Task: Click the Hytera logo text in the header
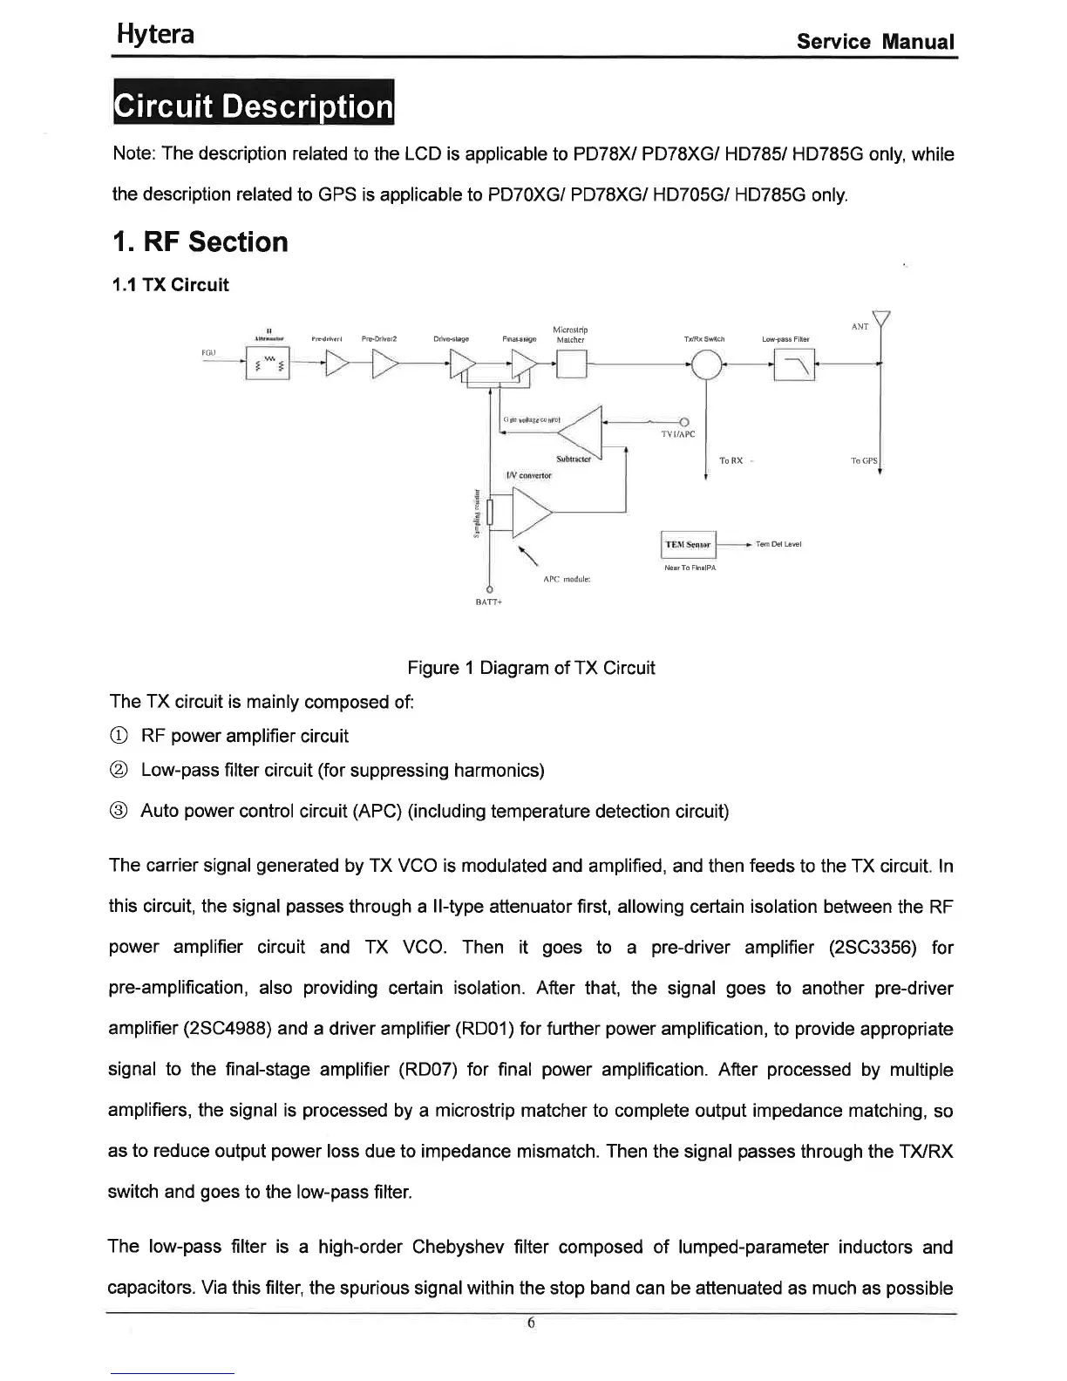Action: (156, 35)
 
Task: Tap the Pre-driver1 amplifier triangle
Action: (335, 364)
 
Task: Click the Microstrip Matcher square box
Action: (572, 364)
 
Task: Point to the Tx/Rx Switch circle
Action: (707, 364)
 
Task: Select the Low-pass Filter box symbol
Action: (796, 364)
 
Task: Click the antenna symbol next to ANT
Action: (883, 322)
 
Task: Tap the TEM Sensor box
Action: (689, 545)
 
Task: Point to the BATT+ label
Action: (488, 602)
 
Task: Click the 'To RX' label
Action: (731, 460)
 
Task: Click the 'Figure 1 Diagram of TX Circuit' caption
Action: (531, 668)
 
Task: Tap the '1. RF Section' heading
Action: (200, 242)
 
